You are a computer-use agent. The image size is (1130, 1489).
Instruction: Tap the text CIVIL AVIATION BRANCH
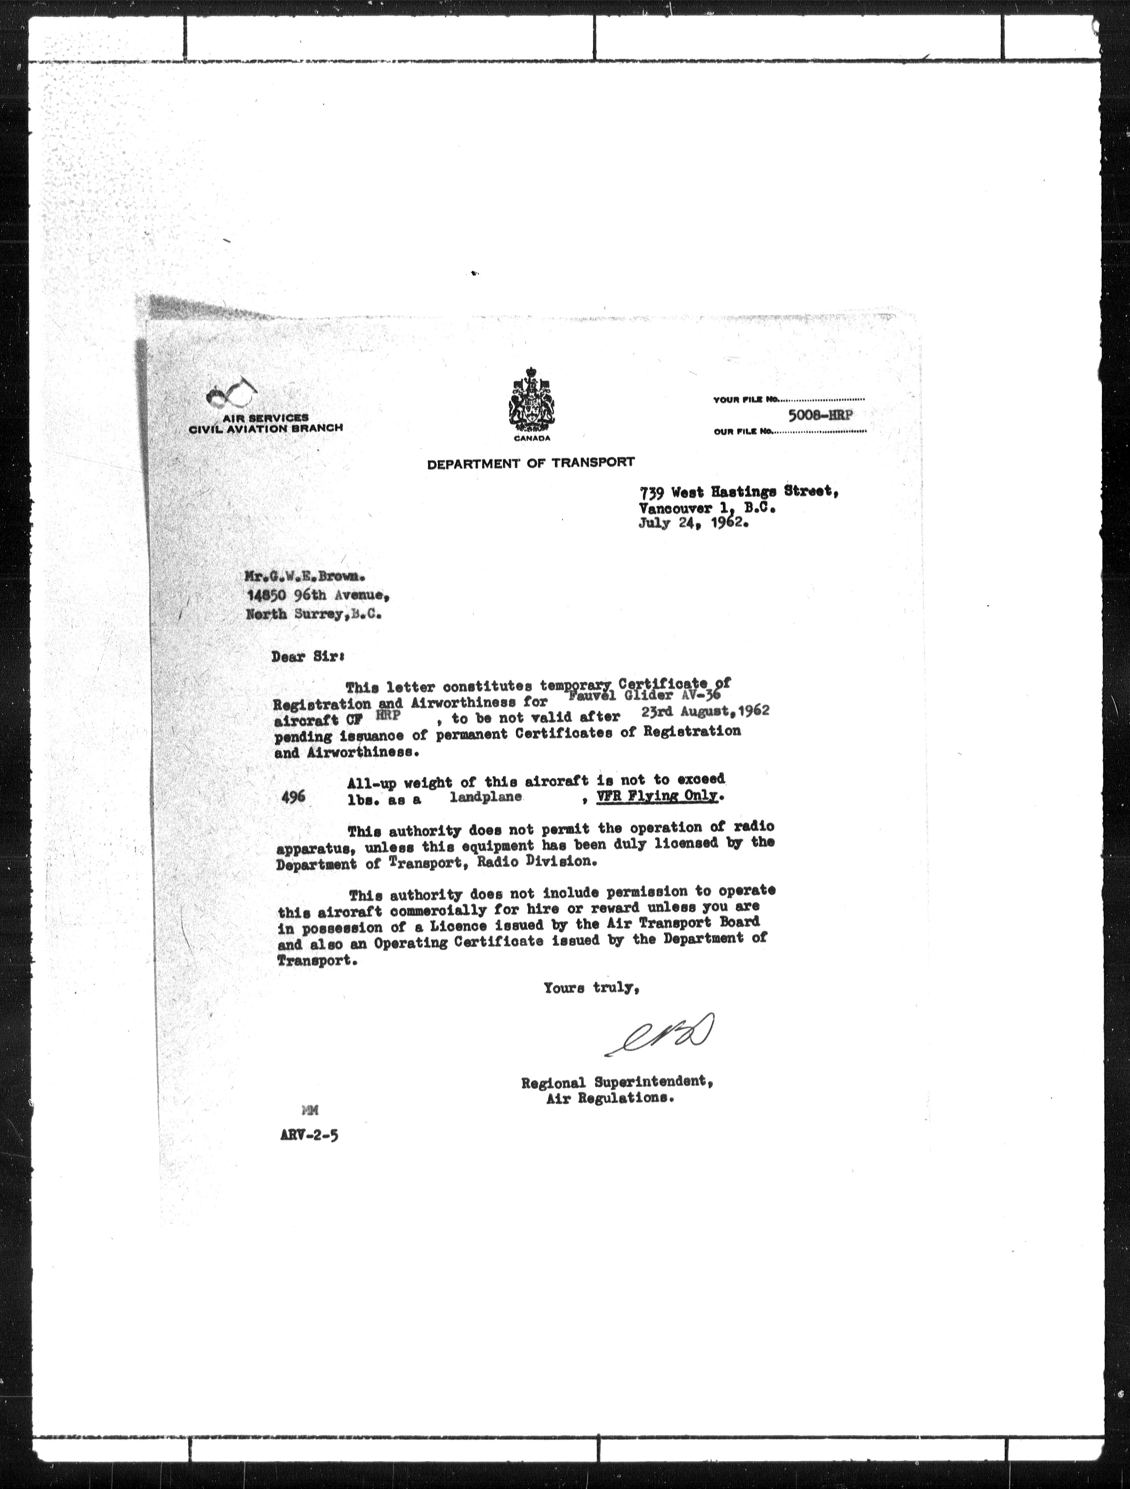click(x=266, y=428)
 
